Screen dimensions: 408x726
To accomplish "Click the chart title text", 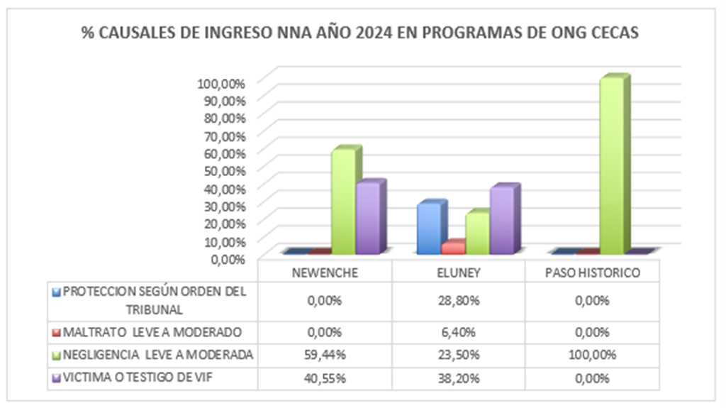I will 362,34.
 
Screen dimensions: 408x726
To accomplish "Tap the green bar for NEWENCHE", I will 344,202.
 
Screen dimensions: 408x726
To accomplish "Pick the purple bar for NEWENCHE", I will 368,219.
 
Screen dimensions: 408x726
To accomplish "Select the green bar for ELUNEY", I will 476,233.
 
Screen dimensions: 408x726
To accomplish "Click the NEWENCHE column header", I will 325,272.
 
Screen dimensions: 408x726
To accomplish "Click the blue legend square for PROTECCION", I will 57,292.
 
